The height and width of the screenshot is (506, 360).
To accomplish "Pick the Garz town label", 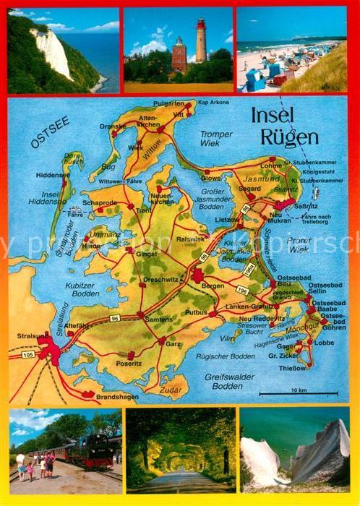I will (173, 345).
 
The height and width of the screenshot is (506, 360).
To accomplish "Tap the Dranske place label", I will (113, 126).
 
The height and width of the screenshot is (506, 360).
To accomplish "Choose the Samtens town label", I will (158, 319).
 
